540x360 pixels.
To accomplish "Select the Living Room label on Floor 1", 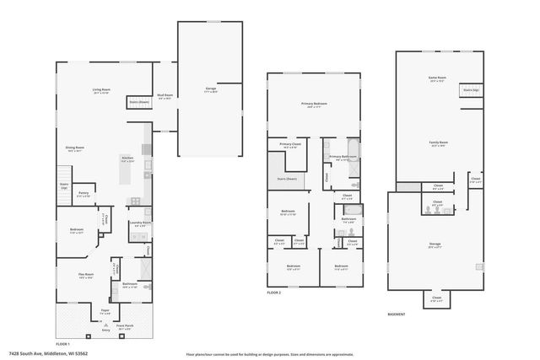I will point(102,90).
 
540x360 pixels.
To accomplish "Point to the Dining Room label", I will point(75,148).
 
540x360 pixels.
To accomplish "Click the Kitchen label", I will point(127,159).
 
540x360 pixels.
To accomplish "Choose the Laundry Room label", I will point(139,223).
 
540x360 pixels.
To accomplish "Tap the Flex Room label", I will point(86,274).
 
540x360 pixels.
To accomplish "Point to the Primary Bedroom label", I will point(313,105).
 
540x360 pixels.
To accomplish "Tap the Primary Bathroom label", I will point(341,157).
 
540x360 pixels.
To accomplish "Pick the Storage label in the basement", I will point(435,246).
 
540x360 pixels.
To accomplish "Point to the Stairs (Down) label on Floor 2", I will point(288,179).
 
